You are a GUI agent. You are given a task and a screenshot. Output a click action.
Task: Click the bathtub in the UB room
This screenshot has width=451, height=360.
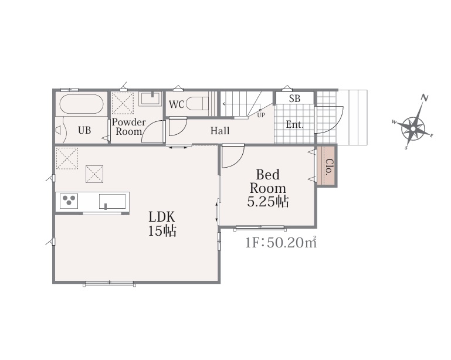[x=82, y=104]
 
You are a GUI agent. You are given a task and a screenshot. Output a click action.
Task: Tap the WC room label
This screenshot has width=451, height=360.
[x=177, y=104]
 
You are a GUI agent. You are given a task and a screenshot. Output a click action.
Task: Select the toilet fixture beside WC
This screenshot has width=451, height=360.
[x=197, y=104]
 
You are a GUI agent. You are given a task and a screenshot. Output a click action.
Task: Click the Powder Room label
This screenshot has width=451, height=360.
[x=128, y=127]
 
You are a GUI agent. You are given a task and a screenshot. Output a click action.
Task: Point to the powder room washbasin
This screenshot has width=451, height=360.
[x=151, y=99]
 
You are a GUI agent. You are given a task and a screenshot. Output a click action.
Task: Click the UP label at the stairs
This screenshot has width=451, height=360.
[x=261, y=116]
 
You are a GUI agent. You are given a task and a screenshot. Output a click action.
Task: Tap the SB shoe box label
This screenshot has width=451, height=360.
[x=294, y=99]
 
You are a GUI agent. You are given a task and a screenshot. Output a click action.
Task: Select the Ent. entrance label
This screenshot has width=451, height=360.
[x=295, y=125]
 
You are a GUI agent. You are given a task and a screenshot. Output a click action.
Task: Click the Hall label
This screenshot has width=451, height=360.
[x=220, y=131]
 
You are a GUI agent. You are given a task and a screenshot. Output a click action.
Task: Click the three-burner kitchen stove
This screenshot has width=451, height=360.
[x=69, y=201]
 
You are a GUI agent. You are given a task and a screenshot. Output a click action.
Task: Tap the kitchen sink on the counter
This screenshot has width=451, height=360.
[x=113, y=201]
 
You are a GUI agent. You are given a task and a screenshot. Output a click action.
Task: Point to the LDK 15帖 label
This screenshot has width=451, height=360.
[x=162, y=224]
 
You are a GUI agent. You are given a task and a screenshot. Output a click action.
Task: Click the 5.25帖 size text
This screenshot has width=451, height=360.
[x=268, y=202]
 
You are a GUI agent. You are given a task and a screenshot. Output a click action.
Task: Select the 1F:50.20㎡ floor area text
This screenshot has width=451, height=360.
[x=281, y=242]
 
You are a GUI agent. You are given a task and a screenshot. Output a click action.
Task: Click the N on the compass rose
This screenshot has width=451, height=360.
[x=424, y=98]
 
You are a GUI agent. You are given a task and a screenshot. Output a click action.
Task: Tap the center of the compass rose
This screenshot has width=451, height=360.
[x=413, y=128]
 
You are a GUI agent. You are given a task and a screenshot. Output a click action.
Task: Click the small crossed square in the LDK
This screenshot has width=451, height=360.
[x=94, y=174]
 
